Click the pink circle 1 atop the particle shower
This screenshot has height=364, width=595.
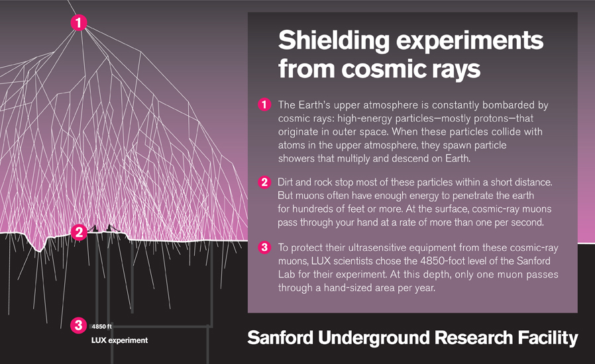click(78, 23)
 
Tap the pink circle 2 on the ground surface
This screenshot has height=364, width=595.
click(78, 232)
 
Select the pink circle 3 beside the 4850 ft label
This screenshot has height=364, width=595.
click(78, 325)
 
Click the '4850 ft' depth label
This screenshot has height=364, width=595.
click(102, 326)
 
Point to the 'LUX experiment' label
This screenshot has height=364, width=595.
click(119, 340)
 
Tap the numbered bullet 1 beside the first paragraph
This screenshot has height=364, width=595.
click(264, 105)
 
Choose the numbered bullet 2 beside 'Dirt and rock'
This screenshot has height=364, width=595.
click(264, 182)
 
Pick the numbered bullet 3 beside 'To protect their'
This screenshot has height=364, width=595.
click(264, 248)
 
